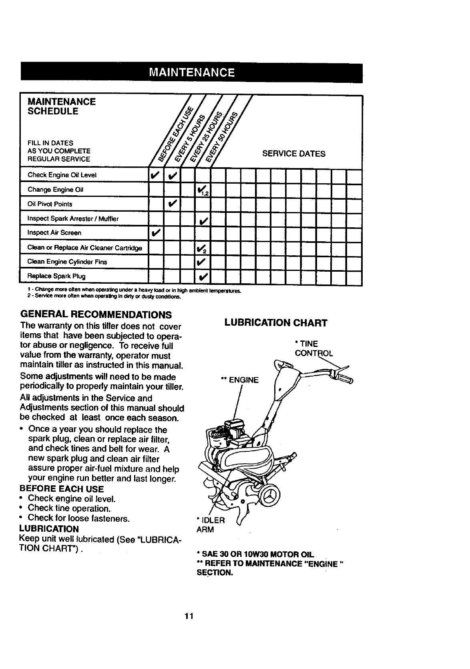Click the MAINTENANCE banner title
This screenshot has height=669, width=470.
tap(191, 73)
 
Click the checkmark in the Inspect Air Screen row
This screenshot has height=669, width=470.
tap(156, 233)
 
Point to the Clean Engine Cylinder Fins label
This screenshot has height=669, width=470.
tap(67, 262)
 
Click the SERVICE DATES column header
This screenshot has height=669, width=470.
tap(293, 154)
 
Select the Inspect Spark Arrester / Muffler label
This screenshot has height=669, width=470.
tap(72, 218)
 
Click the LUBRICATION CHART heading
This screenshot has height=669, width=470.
tap(276, 323)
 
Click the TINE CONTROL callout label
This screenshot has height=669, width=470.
tap(313, 349)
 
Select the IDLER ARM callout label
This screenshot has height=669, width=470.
tap(211, 525)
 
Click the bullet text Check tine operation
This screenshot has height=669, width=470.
tap(69, 509)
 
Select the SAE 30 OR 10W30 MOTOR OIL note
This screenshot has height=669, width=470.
tap(256, 555)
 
